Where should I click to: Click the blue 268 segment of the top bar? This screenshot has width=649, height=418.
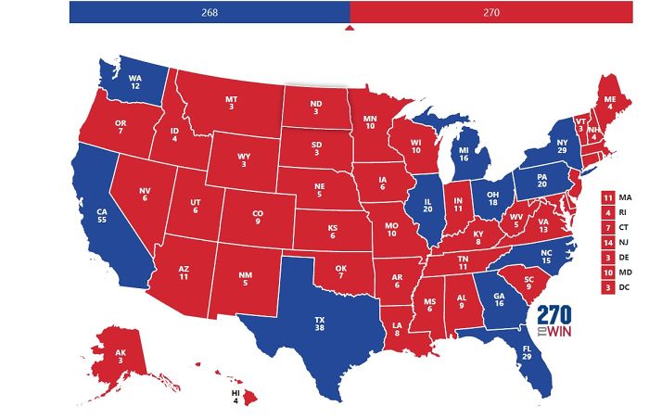tap(210, 12)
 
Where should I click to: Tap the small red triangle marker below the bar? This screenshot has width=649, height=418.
tap(350, 28)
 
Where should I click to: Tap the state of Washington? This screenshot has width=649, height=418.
tap(135, 82)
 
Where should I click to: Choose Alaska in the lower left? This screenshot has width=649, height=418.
tap(121, 357)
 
